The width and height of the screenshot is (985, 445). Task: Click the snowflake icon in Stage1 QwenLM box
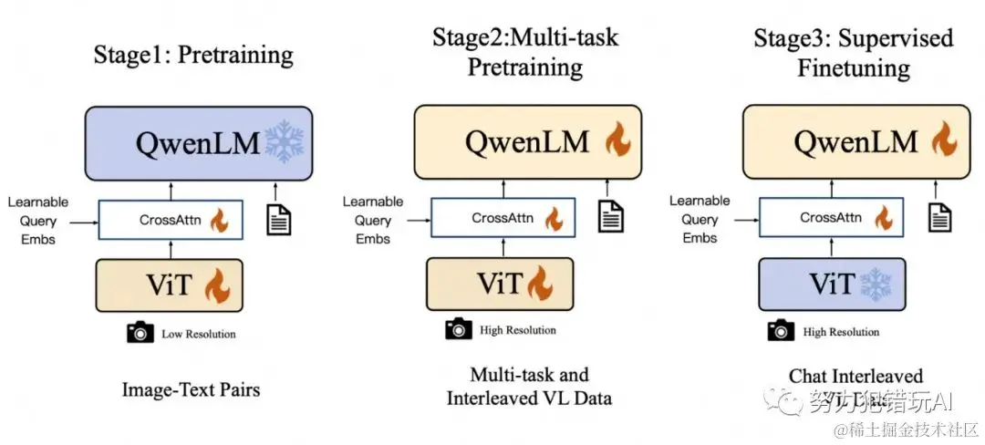click(x=284, y=143)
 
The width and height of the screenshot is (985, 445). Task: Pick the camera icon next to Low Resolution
click(x=140, y=333)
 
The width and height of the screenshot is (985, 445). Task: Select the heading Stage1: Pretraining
click(x=193, y=55)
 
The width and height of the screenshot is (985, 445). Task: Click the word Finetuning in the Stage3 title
click(x=853, y=68)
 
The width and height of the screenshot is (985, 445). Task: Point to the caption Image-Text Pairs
click(x=191, y=390)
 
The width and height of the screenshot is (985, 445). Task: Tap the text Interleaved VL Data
click(x=529, y=398)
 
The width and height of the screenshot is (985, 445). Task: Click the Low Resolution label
click(x=199, y=334)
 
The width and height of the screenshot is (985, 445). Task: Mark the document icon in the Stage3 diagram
click(x=939, y=216)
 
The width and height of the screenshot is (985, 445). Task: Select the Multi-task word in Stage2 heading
click(x=568, y=37)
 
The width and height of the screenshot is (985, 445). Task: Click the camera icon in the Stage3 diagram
click(x=782, y=331)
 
